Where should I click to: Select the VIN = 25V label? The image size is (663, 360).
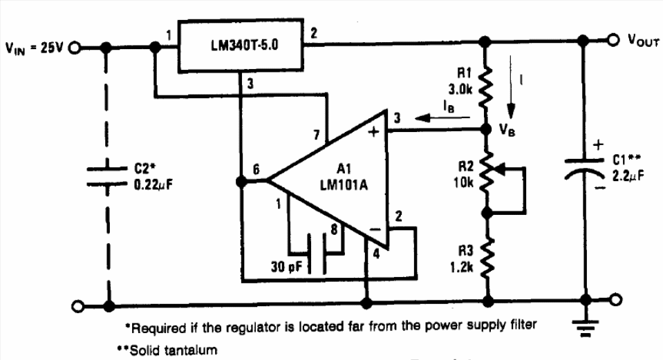[33, 48]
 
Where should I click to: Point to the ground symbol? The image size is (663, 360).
[586, 330]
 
